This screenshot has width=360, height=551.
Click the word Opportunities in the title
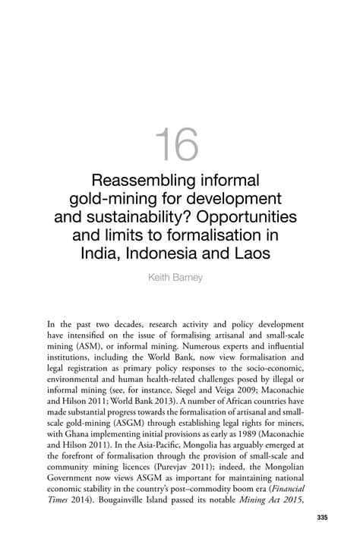(x=251, y=217)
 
